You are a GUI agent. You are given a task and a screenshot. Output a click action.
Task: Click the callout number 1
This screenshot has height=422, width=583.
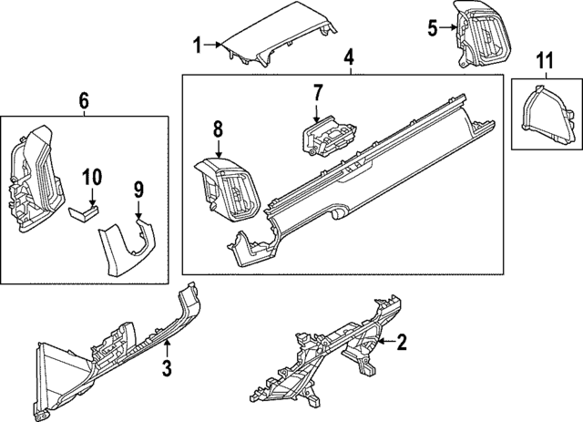(197, 43)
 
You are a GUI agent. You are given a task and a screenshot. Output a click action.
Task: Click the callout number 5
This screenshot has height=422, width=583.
(433, 27)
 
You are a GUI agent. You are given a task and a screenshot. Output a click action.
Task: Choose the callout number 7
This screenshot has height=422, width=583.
(318, 92)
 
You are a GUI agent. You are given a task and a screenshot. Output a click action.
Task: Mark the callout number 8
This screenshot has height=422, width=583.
(219, 130)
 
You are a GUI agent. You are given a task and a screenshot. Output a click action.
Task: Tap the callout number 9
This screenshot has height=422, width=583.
(139, 189)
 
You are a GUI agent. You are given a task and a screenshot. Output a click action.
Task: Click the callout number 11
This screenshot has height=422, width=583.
(544, 61)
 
